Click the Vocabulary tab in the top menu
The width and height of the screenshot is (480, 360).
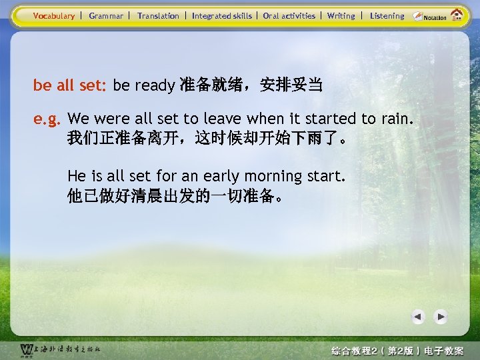click(x=54, y=16)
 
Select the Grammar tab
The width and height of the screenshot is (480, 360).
click(x=106, y=16)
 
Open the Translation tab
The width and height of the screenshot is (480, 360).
click(x=158, y=16)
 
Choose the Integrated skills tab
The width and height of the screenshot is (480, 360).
click(x=222, y=16)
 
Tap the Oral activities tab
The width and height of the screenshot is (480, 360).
click(x=289, y=16)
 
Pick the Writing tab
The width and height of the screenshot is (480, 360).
click(x=341, y=16)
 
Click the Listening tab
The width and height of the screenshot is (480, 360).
click(x=387, y=16)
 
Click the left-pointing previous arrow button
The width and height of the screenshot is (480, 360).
click(x=418, y=317)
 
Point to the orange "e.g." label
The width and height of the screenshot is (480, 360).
click(x=47, y=119)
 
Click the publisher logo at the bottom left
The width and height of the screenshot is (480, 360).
click(x=60, y=350)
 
